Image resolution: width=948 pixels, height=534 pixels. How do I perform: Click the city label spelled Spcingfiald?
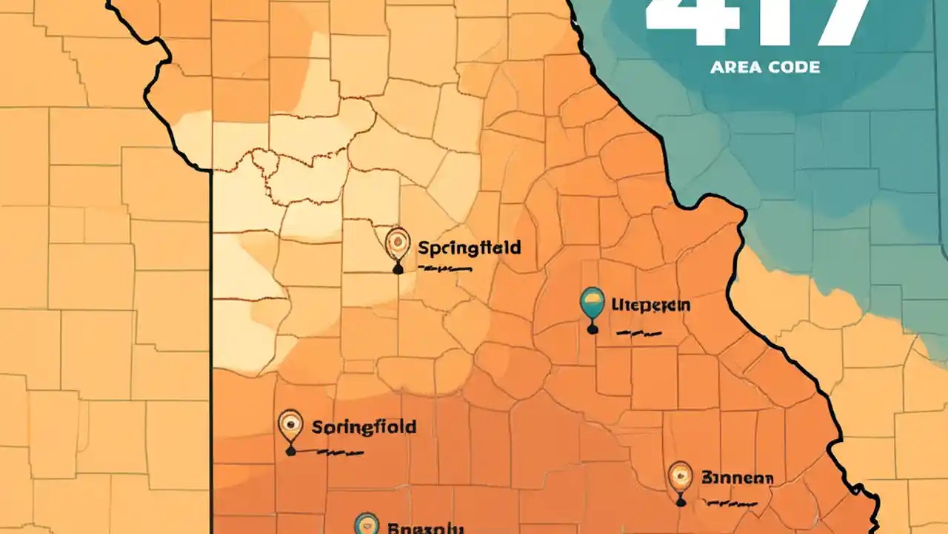click(469, 247)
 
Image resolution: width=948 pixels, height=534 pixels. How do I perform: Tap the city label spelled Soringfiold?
click(364, 427)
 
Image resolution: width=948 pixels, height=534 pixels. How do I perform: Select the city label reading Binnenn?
click(737, 478)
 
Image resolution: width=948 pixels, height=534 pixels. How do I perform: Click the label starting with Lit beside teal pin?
click(651, 304)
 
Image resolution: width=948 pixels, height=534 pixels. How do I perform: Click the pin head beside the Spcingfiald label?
click(398, 242)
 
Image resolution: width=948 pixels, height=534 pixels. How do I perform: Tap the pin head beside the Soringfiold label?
click(290, 425)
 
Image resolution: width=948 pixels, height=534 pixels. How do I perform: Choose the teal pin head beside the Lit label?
click(592, 300)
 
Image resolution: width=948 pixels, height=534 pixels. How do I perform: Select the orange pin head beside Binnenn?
click(679, 475)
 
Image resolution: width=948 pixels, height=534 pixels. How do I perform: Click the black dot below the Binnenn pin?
click(680, 503)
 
